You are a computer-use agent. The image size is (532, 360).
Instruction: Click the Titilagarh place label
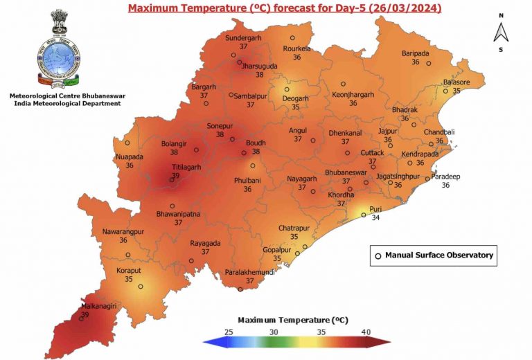174,167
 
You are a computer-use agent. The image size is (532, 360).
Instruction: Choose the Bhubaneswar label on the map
346,172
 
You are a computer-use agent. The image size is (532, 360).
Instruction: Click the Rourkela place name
296,48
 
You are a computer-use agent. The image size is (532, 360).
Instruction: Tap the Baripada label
416,53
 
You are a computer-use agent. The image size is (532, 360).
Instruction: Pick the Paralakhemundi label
250,272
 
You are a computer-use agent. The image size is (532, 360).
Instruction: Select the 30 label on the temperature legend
274,332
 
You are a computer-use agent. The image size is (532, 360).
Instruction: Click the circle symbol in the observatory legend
378,255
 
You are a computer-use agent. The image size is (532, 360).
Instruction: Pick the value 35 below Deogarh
296,107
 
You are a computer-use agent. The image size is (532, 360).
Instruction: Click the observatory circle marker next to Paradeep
427,179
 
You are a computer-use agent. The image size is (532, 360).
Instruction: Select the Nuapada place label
130,157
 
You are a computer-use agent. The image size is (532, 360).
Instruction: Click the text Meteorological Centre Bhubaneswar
62,95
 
